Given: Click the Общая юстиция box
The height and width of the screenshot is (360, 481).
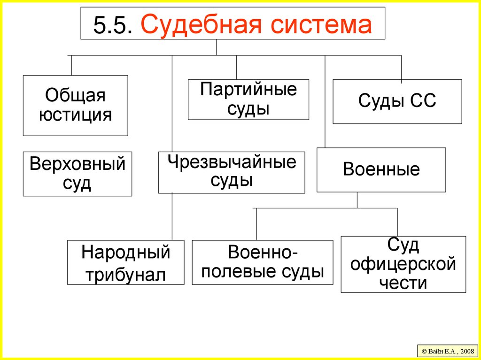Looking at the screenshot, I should click(75, 105).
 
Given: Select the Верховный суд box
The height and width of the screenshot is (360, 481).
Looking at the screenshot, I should click(78, 174).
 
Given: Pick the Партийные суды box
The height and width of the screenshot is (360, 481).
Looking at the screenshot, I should click(248, 100).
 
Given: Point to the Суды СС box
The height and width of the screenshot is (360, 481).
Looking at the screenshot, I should click(397, 101).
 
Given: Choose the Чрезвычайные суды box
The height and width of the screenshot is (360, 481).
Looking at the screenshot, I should click(232, 172).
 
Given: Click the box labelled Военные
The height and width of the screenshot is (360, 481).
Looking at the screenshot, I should click(381, 169).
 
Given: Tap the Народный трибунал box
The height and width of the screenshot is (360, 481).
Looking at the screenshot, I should click(125, 262).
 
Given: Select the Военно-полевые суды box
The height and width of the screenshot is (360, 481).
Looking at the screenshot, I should click(262, 262).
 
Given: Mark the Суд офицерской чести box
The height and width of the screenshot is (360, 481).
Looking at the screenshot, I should click(403, 264).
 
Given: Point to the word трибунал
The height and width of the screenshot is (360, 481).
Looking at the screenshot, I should click(125, 274).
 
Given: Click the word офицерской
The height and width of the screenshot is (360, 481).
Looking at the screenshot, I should click(403, 264).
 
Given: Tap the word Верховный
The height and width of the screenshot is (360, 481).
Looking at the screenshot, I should click(78, 164).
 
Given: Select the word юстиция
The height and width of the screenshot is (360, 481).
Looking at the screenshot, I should click(75, 115).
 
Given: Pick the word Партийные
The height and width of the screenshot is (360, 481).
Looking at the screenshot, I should click(248, 90).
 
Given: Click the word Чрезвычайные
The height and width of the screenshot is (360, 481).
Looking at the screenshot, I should click(232, 163).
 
